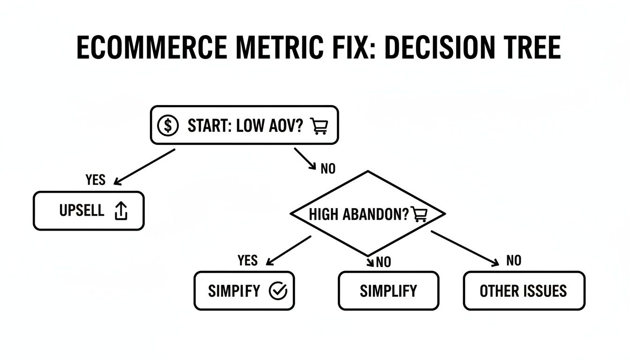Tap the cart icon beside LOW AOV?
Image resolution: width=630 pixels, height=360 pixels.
[319, 126]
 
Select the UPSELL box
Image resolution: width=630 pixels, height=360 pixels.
[89, 211]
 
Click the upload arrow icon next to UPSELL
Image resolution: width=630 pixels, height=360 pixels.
[121, 211]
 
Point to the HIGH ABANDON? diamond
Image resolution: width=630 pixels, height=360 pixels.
[368, 214]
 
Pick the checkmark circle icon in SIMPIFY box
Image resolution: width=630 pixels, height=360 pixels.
[277, 291]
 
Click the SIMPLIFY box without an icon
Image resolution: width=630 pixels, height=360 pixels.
[388, 291]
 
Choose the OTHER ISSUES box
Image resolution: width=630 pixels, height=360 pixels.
[524, 291]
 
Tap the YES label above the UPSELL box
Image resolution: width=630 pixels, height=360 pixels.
[96, 180]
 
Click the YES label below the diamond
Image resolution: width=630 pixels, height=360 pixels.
[247, 261]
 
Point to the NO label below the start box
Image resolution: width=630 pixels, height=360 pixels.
[328, 169]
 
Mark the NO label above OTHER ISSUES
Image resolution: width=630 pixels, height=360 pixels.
[514, 261]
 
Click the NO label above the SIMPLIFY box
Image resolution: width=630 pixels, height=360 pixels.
[383, 262]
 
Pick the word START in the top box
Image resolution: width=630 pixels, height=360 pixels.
[206, 126]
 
